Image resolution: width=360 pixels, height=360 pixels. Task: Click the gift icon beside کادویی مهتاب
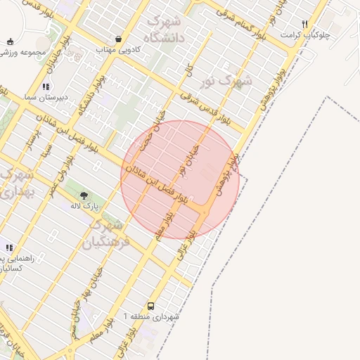coord(118,39)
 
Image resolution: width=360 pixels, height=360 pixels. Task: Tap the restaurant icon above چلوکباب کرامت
coord(304,24)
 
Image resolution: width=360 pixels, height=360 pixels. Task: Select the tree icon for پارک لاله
coord(84,195)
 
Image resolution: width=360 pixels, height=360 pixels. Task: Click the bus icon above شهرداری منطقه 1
coord(152,306)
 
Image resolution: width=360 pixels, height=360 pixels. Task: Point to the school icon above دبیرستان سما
coord(46,86)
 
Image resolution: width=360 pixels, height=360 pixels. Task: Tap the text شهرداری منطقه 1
coord(152,317)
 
